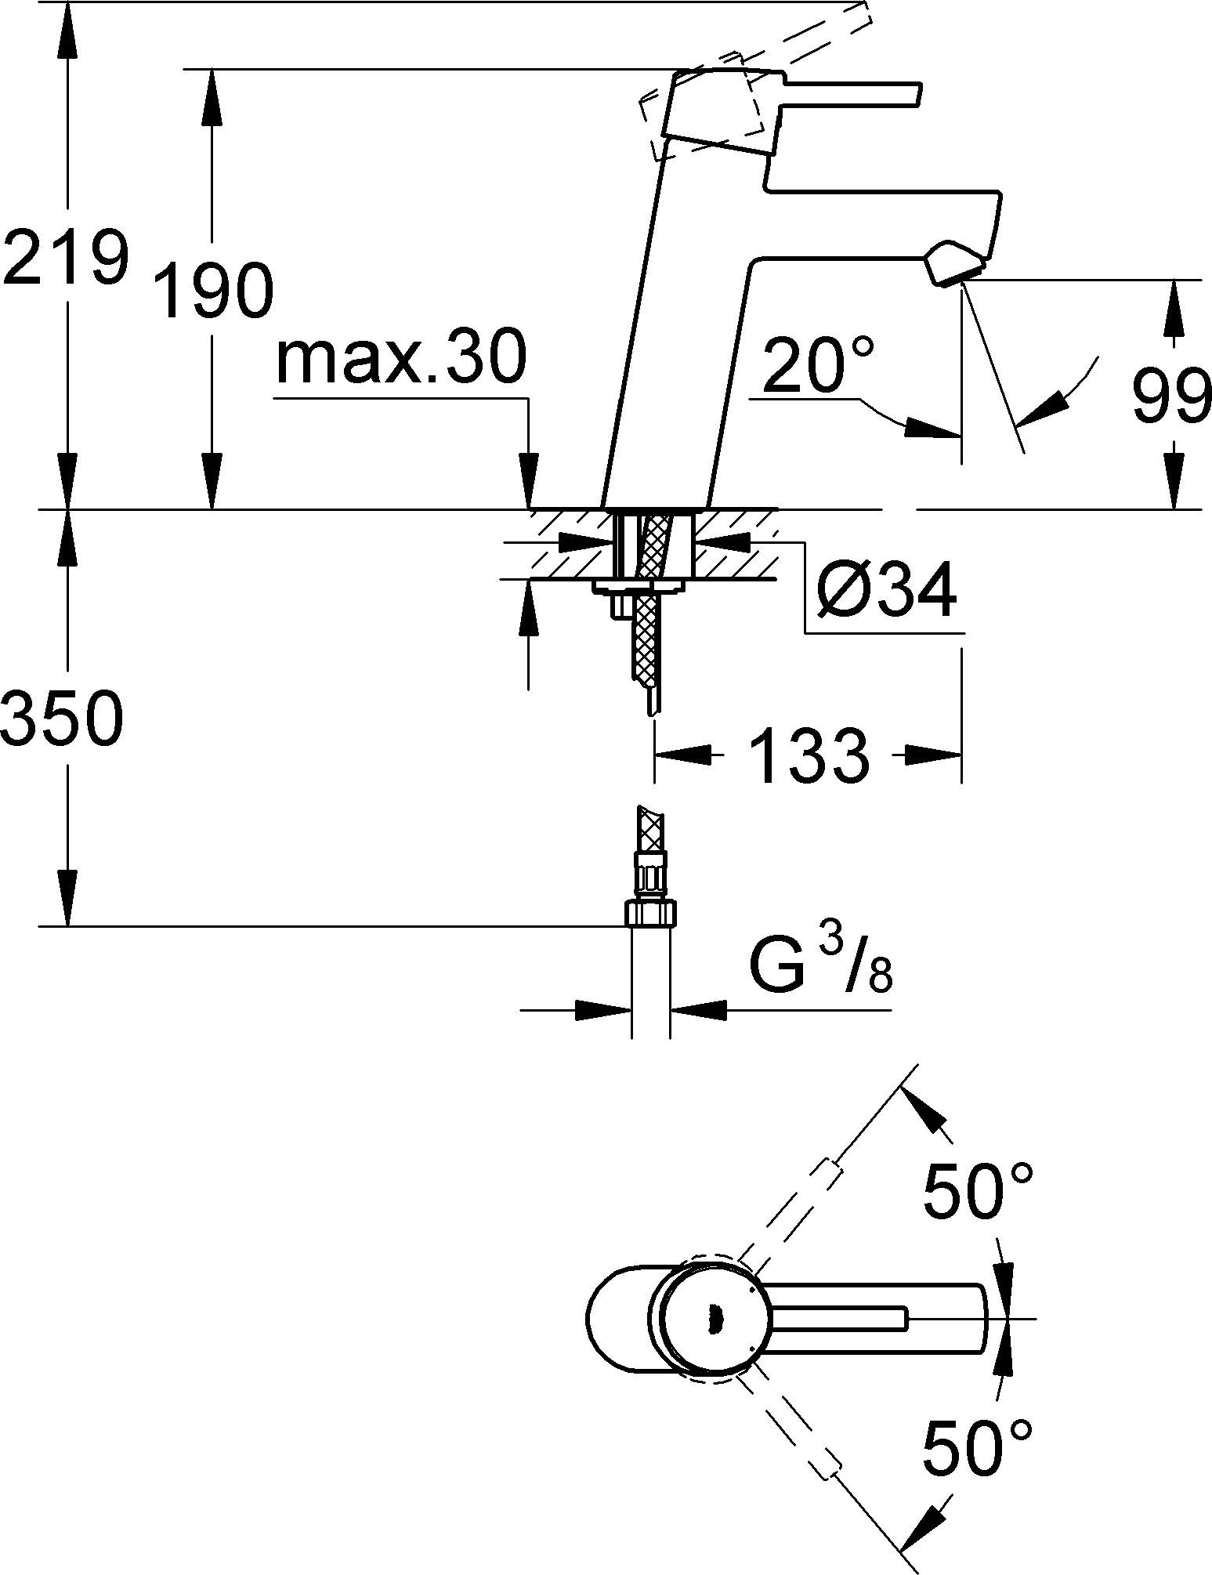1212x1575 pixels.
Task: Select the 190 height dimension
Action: pos(214,291)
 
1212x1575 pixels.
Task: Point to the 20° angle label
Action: pos(814,366)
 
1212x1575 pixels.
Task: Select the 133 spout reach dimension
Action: pos(808,755)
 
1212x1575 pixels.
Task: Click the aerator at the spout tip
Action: pos(954,263)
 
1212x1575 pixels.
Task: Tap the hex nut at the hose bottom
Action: pos(650,912)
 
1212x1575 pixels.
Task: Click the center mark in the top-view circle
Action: pos(712,1320)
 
